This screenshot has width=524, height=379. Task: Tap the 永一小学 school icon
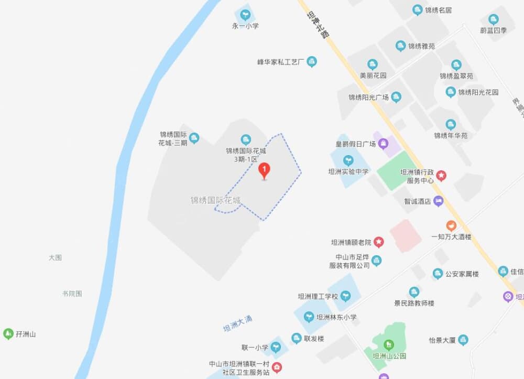(x=245, y=14)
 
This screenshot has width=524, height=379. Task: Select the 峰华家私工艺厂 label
(x=281, y=62)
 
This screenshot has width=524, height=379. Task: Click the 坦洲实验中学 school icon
(x=348, y=160)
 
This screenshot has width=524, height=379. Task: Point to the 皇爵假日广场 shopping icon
(x=384, y=143)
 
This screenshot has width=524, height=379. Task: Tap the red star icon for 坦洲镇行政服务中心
(x=441, y=175)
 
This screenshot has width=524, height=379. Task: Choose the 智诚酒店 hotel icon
(x=439, y=201)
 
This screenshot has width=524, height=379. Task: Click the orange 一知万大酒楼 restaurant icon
(x=451, y=225)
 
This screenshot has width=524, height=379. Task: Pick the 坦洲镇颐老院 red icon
(x=378, y=242)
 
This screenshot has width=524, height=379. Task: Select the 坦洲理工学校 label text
(x=318, y=296)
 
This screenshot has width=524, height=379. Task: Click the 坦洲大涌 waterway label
(x=238, y=323)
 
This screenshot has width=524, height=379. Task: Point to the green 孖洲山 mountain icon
(x=8, y=333)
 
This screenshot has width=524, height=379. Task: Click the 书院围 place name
(x=72, y=294)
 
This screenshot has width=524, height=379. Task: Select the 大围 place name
(x=55, y=257)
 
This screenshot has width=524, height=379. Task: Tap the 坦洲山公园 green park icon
(x=388, y=344)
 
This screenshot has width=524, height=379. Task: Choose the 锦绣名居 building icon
(x=418, y=10)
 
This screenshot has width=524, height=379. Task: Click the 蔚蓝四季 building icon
(x=493, y=19)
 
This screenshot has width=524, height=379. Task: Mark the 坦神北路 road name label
(x=318, y=25)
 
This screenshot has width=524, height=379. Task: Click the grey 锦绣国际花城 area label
(x=216, y=200)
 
